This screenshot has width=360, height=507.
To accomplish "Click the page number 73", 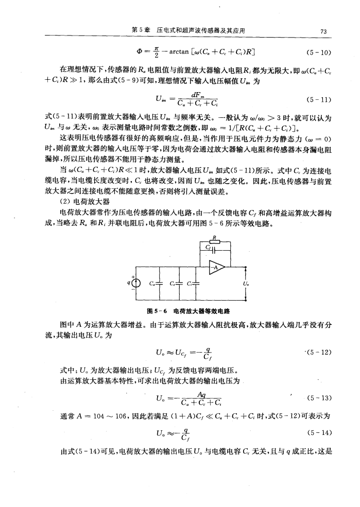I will [x=322, y=31].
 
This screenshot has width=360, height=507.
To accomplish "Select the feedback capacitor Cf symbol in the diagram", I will [x=212, y=252].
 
